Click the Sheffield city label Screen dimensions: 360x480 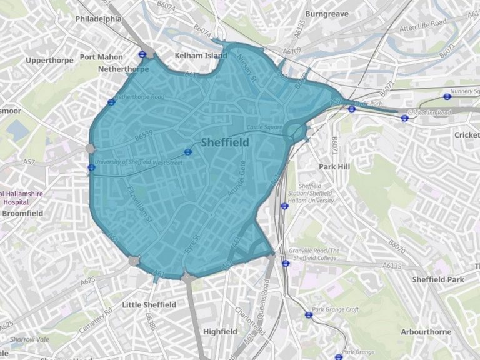click(224, 142)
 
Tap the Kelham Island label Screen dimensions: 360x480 click(201, 56)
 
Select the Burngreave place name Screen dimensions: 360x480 click(327, 13)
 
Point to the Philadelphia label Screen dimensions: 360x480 click(98, 19)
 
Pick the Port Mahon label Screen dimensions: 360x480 click(101, 57)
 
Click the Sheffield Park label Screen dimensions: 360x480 click(438, 279)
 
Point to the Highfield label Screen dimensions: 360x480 click(220, 331)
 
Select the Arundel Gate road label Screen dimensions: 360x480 click(233, 179)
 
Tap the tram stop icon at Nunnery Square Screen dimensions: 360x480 click(447, 96)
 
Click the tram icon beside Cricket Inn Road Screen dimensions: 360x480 click(405, 117)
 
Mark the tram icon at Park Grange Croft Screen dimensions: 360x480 click(308, 314)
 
